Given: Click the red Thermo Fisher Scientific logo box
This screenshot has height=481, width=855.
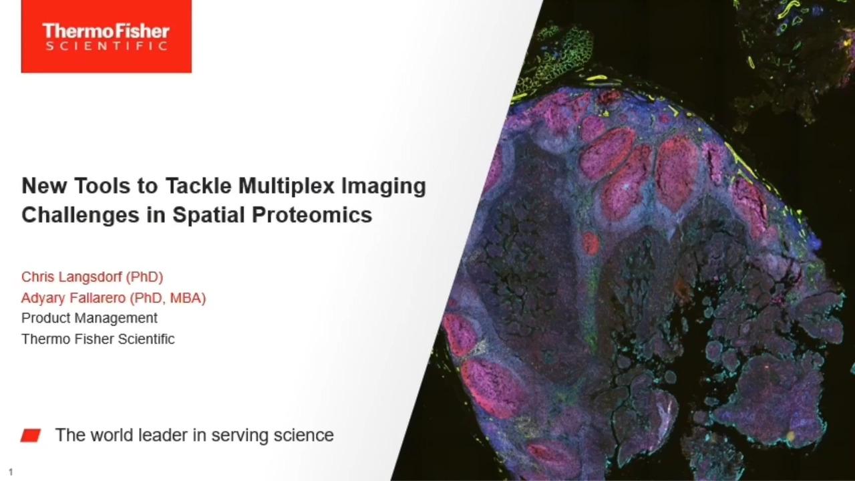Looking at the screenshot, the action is click(106, 36).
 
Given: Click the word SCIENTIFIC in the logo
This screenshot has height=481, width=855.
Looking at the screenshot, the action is click(106, 46).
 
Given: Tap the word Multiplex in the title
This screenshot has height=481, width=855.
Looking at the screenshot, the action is click(287, 186).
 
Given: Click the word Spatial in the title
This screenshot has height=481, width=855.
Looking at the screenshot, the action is click(208, 216).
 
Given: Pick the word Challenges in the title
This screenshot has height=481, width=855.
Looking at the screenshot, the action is click(81, 216).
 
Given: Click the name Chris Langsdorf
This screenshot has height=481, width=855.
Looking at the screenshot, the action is click(71, 277).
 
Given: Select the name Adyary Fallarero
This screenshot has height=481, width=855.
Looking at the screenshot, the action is click(73, 298).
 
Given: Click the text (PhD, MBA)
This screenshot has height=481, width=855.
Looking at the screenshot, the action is click(168, 298).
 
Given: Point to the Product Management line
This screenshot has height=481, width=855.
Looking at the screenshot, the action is click(90, 318).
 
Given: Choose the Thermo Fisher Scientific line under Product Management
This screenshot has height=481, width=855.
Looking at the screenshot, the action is click(98, 339).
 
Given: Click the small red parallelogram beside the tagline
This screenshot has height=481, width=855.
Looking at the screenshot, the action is click(31, 436).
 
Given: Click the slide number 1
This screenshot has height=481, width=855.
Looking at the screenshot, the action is click(11, 472).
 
